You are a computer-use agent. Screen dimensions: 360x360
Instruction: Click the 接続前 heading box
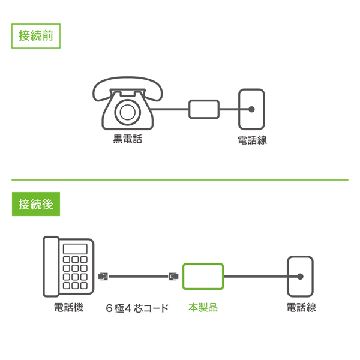click(36, 35)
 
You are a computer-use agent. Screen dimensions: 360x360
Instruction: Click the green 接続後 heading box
click(36, 204)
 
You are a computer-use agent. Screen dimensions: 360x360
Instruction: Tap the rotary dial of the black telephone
click(127, 112)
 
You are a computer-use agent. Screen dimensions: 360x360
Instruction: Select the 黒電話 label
click(128, 140)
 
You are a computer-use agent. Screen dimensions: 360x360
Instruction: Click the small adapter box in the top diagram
click(205, 109)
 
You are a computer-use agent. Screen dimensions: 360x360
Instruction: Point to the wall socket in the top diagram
click(252, 110)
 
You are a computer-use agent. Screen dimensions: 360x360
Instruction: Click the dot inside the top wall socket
click(252, 109)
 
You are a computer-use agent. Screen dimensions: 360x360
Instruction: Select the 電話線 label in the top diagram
click(252, 140)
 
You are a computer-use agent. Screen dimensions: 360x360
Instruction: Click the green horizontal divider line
click(180, 179)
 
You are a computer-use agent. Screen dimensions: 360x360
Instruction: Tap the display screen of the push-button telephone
click(75, 249)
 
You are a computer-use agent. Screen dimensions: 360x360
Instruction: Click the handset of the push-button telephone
click(50, 266)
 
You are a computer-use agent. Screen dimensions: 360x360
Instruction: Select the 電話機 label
click(68, 308)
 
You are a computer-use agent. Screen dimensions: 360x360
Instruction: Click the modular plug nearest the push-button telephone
click(103, 277)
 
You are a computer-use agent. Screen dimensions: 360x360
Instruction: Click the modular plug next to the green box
click(174, 277)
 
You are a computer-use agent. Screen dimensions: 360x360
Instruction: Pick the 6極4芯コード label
click(137, 308)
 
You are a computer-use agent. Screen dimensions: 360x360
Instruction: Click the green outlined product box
click(203, 277)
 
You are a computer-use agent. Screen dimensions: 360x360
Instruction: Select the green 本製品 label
click(203, 308)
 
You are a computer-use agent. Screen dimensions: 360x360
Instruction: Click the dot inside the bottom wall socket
click(300, 277)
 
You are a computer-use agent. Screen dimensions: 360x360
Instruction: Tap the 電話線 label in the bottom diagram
click(300, 308)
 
